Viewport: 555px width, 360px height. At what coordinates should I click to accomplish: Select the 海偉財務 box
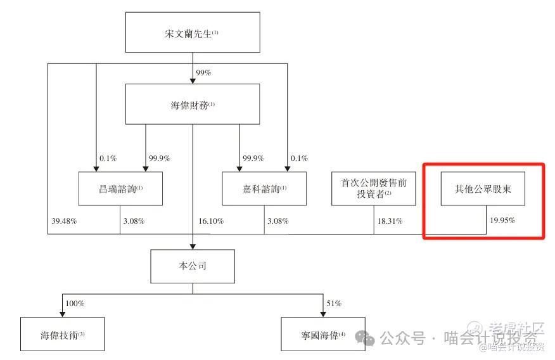[x=192, y=105]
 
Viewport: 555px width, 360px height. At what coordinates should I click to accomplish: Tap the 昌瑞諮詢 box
[x=120, y=188]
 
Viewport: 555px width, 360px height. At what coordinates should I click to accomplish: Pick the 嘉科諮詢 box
[x=264, y=188]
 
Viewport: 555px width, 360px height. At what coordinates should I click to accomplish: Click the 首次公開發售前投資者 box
[x=374, y=188]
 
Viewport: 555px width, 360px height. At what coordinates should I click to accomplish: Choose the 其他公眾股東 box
[x=483, y=188]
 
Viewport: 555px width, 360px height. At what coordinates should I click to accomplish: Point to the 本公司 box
[x=193, y=266]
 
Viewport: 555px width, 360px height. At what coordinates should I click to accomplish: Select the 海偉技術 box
[x=61, y=335]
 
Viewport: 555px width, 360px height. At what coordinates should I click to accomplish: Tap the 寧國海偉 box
[x=323, y=335]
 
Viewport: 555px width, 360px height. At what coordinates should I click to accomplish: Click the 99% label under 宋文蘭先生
[x=203, y=73]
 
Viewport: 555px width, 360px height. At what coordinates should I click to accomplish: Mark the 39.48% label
[x=63, y=221]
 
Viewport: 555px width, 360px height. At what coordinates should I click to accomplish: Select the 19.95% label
[x=502, y=221]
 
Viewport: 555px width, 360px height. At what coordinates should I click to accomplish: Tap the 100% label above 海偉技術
[x=75, y=304]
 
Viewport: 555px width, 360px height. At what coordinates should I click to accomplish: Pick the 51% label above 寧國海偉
[x=334, y=304]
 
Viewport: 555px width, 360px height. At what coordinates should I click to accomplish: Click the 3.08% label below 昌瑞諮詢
[x=133, y=221]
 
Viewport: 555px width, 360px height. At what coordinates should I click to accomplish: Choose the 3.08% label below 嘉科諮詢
[x=277, y=221]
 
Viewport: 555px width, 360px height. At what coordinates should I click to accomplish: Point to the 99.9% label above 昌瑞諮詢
[x=158, y=158]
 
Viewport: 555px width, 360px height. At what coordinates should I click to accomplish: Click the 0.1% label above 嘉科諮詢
[x=298, y=158]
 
